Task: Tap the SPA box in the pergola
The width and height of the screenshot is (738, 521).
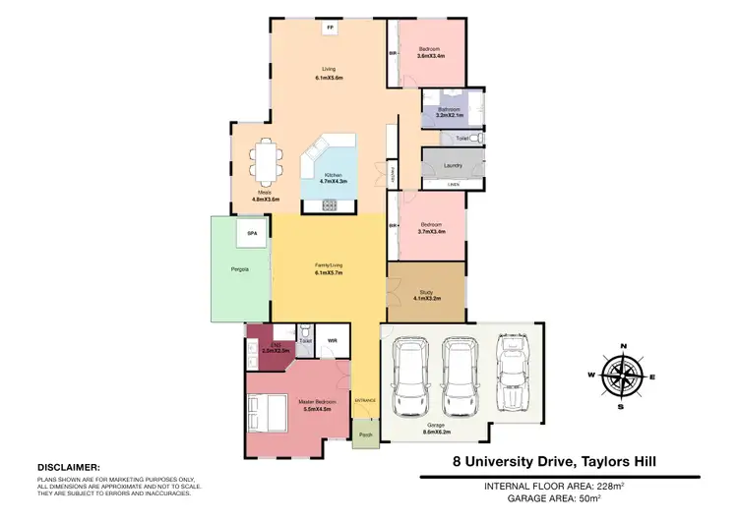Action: pyautogui.click(x=252, y=234)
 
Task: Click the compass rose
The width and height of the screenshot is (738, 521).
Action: pyautogui.click(x=621, y=374)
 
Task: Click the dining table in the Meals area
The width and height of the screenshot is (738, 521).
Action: pyautogui.click(x=265, y=162)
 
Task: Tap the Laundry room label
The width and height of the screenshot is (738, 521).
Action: pyautogui.click(x=453, y=165)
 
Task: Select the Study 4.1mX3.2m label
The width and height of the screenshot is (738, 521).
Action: pyautogui.click(x=427, y=294)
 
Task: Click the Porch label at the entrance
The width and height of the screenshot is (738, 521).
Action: pyautogui.click(x=365, y=434)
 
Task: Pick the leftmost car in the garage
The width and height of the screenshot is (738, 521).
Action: pyautogui.click(x=409, y=376)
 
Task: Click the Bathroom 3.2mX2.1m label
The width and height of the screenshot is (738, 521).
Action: pyautogui.click(x=450, y=111)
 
